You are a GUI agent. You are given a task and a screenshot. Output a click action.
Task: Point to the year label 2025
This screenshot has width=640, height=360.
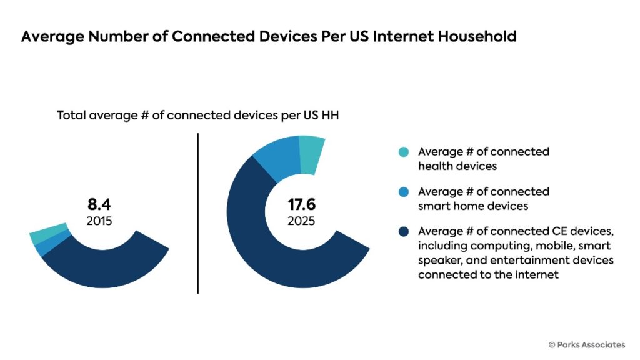[301, 221]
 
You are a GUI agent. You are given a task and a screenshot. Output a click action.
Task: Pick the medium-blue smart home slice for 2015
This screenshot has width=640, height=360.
[47, 246]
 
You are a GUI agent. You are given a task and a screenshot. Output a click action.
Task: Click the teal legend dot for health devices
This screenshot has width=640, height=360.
[403, 152]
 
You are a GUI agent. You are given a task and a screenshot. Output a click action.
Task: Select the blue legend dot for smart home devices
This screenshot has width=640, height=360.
[403, 192]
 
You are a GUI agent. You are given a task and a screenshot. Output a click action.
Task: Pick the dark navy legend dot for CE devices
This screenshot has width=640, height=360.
[403, 232]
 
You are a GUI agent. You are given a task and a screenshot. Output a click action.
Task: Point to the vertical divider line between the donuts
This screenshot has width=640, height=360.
[198, 212]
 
